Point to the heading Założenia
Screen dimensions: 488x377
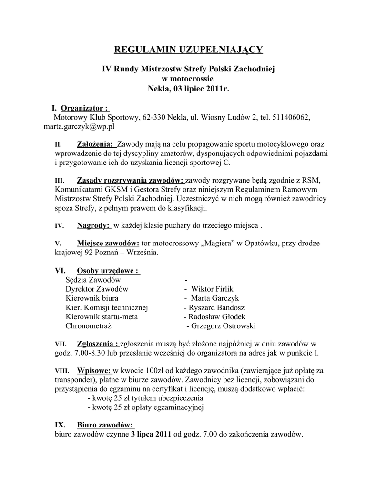pyautogui.click(x=95, y=144)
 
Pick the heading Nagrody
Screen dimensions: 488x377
pyautogui.click(x=93, y=225)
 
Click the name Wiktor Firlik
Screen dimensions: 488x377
pyautogui.click(x=212, y=289)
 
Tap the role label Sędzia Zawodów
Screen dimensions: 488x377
pyautogui.click(x=93, y=280)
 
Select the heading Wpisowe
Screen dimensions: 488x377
pyautogui.click(x=94, y=370)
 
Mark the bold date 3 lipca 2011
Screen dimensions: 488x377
pyautogui.click(x=151, y=434)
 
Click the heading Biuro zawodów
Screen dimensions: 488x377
pyautogui.click(x=104, y=425)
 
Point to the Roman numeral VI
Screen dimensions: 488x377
pyautogui.click(x=60, y=270)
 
